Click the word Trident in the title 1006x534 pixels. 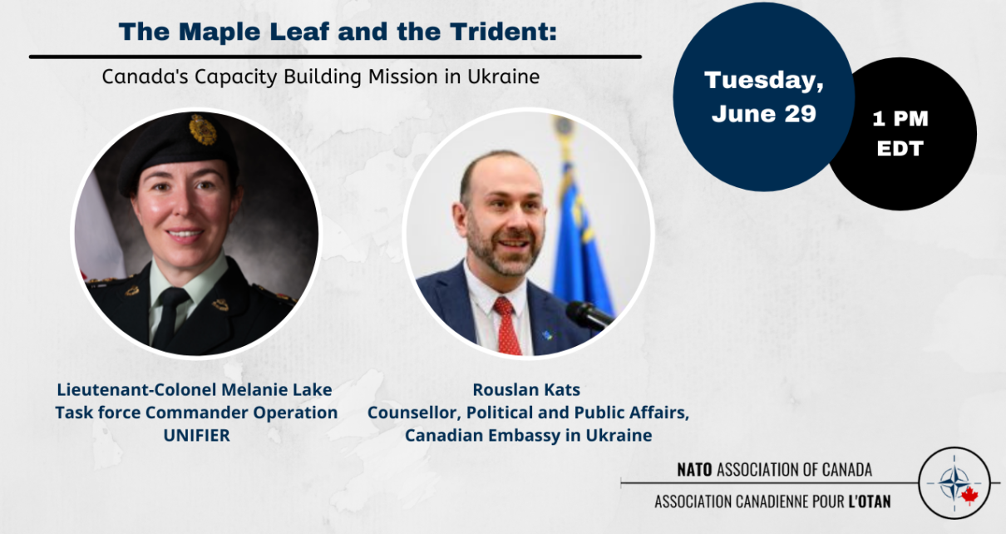(504, 32)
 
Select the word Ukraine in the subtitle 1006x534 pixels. (504, 77)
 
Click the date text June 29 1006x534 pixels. (764, 113)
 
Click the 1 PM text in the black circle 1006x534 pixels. (900, 119)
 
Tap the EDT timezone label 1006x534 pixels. (900, 148)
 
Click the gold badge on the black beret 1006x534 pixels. (203, 130)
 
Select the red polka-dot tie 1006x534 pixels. (507, 326)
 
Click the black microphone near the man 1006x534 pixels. (589, 315)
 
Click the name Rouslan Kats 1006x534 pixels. (526, 390)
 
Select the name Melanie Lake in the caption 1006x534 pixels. (277, 390)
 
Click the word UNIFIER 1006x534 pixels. (197, 436)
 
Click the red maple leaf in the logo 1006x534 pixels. (969, 496)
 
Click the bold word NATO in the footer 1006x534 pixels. (695, 470)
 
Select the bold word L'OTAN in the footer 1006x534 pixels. (870, 502)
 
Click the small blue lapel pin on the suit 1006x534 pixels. (546, 335)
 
